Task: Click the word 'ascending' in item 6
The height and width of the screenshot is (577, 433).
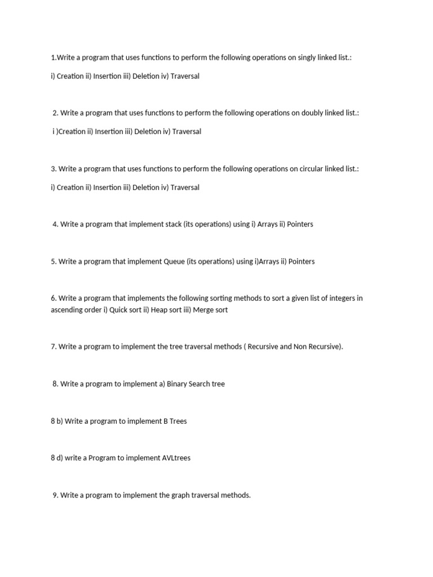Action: [67, 310]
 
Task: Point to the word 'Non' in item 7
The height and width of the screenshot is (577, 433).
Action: [301, 347]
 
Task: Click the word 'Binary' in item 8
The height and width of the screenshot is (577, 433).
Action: [178, 384]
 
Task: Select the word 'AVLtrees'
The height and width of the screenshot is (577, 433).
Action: [176, 458]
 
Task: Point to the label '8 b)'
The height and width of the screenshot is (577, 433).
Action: [56, 421]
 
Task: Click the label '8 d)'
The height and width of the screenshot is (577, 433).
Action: [56, 458]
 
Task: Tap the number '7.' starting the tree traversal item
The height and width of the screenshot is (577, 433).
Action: [54, 347]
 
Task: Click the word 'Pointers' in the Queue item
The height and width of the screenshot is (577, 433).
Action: [302, 261]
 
